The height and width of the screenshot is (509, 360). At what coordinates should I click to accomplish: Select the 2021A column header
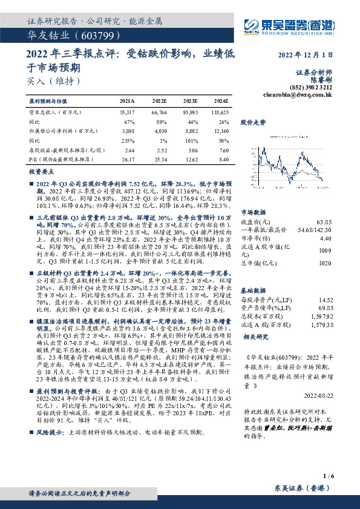[127, 101]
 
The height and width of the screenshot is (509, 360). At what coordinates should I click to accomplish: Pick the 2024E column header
[221, 101]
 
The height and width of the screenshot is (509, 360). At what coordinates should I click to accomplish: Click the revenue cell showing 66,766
[159, 112]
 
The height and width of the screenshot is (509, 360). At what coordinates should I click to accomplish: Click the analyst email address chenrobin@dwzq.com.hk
[298, 95]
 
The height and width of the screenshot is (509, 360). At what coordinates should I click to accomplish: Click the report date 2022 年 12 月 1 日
[306, 56]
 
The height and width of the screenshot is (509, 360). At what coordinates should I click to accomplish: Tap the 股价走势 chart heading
[253, 122]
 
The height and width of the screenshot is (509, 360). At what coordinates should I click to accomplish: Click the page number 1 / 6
[329, 476]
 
